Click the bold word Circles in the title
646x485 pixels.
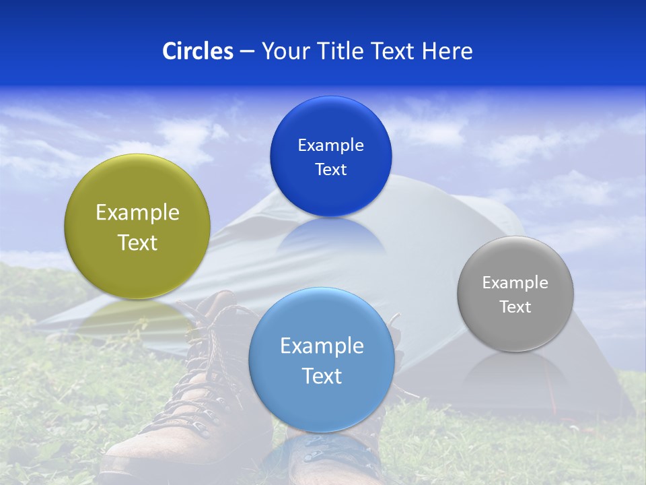(197, 51)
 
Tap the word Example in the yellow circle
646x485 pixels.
(137, 213)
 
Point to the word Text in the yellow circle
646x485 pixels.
(137, 243)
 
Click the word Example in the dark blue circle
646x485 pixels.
(330, 145)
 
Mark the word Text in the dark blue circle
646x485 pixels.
(330, 170)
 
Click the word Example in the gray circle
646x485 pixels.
(515, 283)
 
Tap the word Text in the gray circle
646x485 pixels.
(515, 307)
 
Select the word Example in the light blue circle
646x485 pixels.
(322, 346)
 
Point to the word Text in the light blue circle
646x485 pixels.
(322, 376)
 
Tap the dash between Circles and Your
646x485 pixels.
(247, 52)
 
